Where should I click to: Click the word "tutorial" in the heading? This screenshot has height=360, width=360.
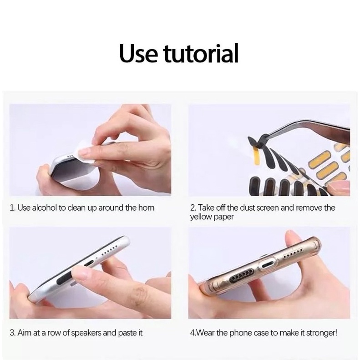tap(201, 53)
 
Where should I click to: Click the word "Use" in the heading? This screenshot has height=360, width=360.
tap(139, 54)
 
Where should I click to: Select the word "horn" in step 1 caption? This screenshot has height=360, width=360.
tap(146, 208)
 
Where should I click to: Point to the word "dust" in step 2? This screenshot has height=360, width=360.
tap(247, 208)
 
